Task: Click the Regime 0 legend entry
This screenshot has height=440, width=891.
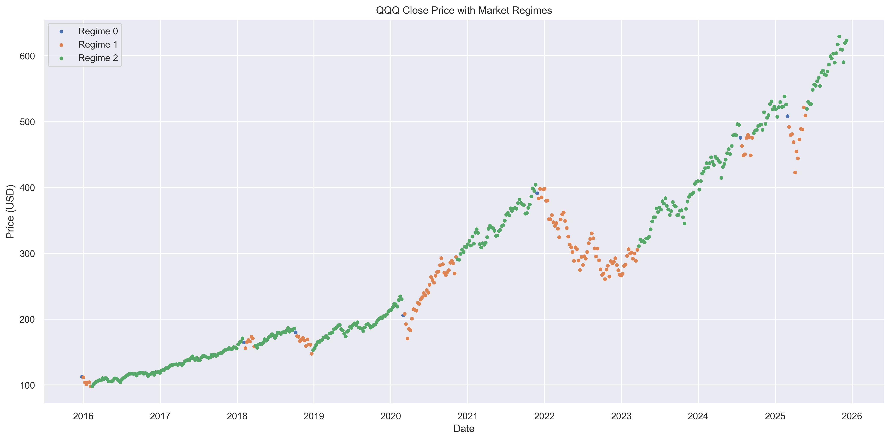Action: pyautogui.click(x=98, y=31)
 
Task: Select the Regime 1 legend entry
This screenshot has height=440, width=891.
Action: pyautogui.click(x=98, y=45)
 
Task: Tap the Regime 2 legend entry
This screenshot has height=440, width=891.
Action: pyautogui.click(x=98, y=58)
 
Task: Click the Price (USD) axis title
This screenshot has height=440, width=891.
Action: pyautogui.click(x=10, y=211)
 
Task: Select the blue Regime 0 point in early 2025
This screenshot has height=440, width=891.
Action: pyautogui.click(x=787, y=116)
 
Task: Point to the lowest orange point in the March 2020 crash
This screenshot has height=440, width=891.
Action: pyautogui.click(x=407, y=338)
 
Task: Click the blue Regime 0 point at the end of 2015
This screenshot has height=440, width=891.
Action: pyautogui.click(x=82, y=376)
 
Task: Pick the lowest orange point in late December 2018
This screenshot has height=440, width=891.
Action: pyautogui.click(x=312, y=354)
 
